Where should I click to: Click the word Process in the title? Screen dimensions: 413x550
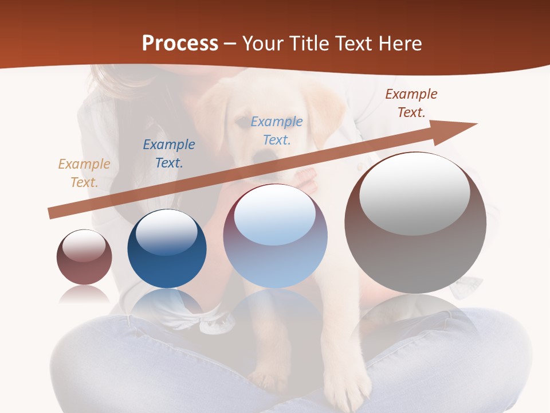pyautogui.click(x=180, y=44)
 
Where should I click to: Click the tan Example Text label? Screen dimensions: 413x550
pyautogui.click(x=84, y=173)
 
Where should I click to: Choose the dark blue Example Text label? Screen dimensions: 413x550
pyautogui.click(x=169, y=154)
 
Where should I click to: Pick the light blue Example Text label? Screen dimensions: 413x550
pyautogui.click(x=277, y=131)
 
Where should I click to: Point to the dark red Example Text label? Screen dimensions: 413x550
pyautogui.click(x=411, y=103)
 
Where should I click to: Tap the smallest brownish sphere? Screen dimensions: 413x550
pyautogui.click(x=84, y=257)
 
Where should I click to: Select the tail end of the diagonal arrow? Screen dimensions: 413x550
pyautogui.click(x=52, y=213)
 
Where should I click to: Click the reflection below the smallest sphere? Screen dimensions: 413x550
pyautogui.click(x=84, y=295)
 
